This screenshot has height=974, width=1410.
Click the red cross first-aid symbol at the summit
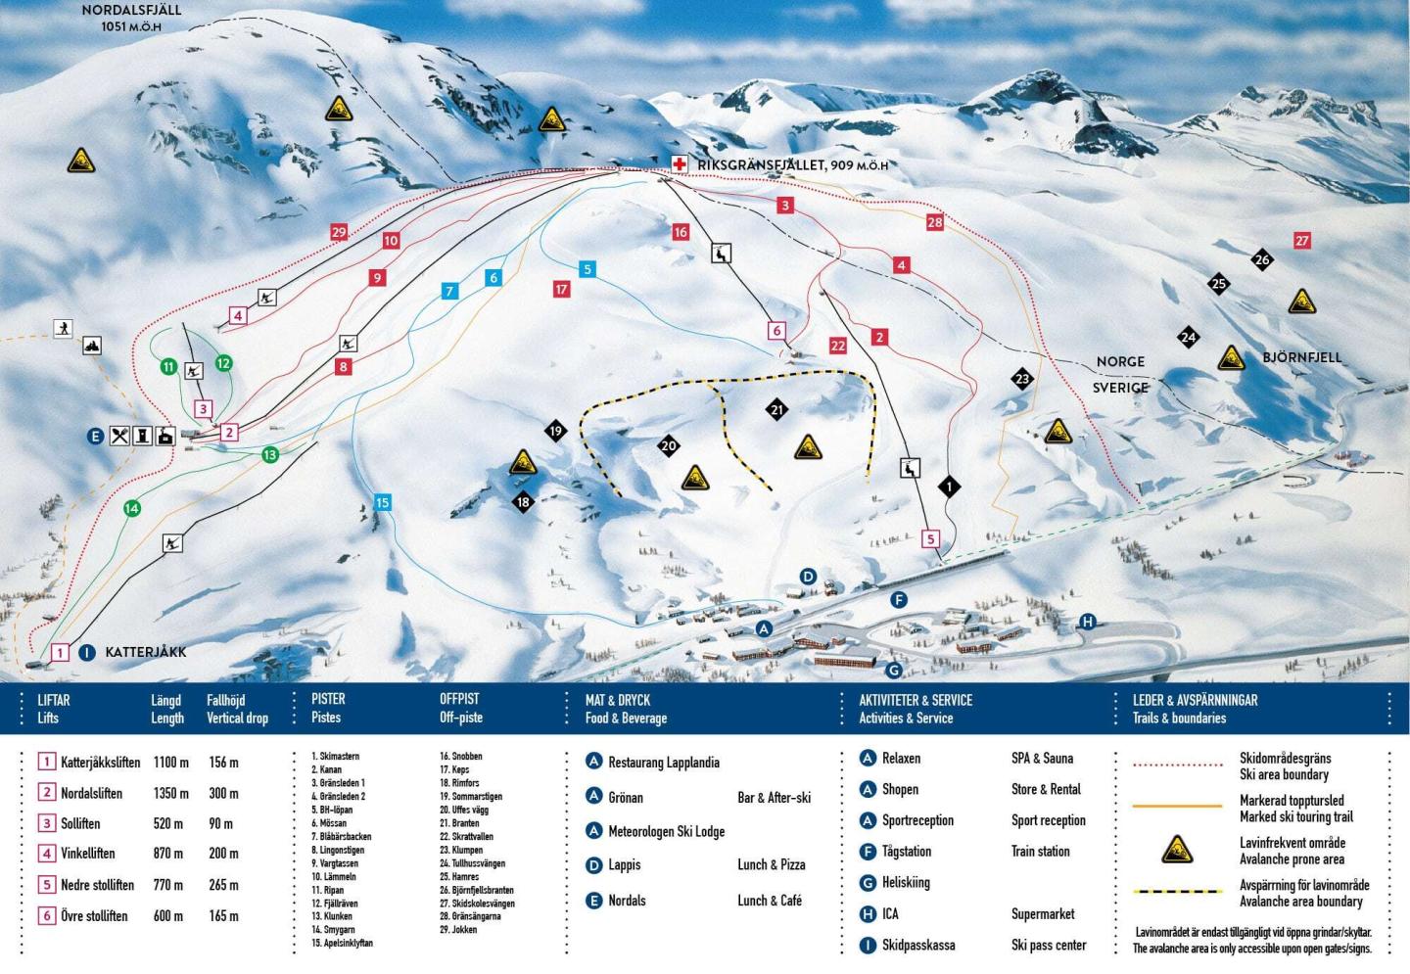pyautogui.click(x=679, y=163)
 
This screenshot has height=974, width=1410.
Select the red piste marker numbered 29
pyautogui.click(x=339, y=232)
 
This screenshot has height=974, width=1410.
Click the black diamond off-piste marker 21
pyautogui.click(x=777, y=409)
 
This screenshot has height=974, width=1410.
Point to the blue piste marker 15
pyautogui.click(x=382, y=502)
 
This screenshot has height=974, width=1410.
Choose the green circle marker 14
pyautogui.click(x=132, y=508)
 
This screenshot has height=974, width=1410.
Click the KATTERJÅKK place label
pyautogui.click(x=145, y=652)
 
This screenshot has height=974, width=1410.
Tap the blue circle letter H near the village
pyautogui.click(x=1087, y=622)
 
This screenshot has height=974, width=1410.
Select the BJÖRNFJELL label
pyautogui.click(x=1301, y=357)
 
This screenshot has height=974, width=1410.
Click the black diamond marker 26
pyautogui.click(x=1262, y=259)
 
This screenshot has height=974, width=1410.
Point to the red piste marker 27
pyautogui.click(x=1301, y=240)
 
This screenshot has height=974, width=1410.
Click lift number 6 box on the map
pyautogui.click(x=776, y=330)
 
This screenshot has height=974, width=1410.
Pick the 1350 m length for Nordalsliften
pyautogui.click(x=170, y=793)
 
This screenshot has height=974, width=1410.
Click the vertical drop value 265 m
pyautogui.click(x=223, y=884)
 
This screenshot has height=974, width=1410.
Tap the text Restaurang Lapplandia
pyautogui.click(x=663, y=762)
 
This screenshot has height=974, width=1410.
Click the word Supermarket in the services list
pyautogui.click(x=1042, y=913)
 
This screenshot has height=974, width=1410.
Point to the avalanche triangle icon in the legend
pyautogui.click(x=1176, y=850)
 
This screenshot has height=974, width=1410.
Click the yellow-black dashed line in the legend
pyautogui.click(x=1177, y=892)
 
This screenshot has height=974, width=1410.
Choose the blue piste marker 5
pyautogui.click(x=587, y=269)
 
